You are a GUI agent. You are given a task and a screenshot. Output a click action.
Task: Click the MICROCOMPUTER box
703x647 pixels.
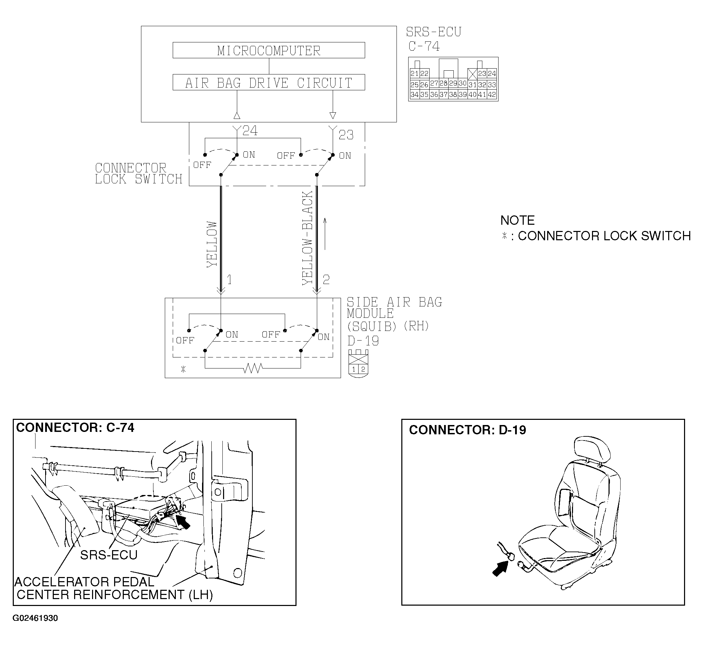pos(269,50)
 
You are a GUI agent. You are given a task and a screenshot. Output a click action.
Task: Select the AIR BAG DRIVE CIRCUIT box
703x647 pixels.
pos(269,83)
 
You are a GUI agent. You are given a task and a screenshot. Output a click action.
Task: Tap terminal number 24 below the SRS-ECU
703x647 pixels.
pos(250,131)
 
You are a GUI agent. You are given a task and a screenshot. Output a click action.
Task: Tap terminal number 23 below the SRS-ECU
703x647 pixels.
pos(346,135)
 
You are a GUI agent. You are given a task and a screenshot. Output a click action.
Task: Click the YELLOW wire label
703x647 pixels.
pos(212,244)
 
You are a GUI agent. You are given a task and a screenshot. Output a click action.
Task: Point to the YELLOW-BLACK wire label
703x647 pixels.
pos(308,238)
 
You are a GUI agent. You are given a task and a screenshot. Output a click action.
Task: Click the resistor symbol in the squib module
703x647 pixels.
pos(253,368)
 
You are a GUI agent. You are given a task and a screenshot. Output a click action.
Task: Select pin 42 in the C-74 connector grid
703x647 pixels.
pos(492,94)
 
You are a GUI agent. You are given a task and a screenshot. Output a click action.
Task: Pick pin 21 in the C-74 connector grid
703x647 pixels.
pos(414,74)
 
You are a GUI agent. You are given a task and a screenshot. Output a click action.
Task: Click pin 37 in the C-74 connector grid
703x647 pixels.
pos(444,94)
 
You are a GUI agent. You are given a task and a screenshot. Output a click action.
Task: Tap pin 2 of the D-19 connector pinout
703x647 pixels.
pos(363,370)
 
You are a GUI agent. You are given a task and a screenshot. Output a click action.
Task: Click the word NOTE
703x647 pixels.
pos(518,220)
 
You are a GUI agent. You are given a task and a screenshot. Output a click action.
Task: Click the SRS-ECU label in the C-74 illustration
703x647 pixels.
pos(109,555)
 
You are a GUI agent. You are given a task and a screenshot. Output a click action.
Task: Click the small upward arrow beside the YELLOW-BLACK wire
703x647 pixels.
pos(325,234)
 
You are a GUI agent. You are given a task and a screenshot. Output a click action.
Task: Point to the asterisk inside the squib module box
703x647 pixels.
pos(183,369)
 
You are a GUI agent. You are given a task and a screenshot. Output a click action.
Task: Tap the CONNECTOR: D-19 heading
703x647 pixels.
pos(468,430)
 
